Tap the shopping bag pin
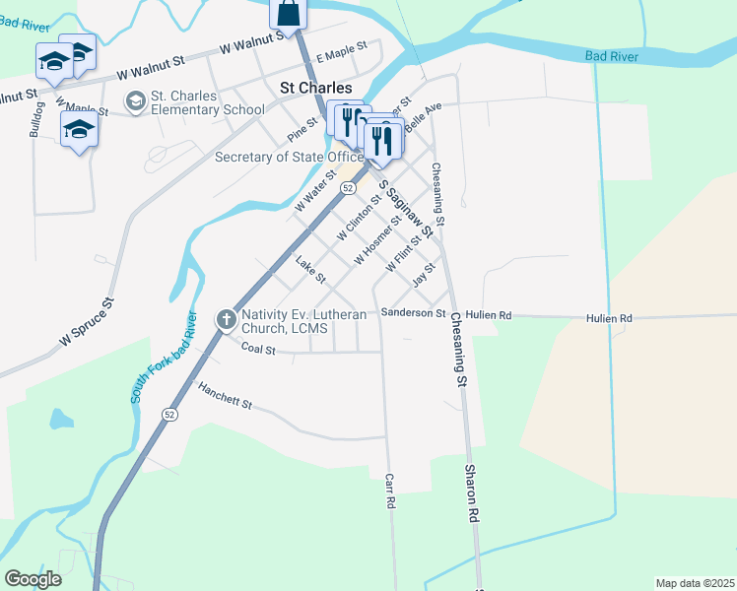(x=288, y=13)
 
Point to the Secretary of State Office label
(x=289, y=158)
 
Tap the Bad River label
(x=611, y=56)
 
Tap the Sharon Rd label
(x=473, y=493)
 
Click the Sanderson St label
(x=414, y=312)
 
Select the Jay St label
(x=424, y=274)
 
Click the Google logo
(x=33, y=579)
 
